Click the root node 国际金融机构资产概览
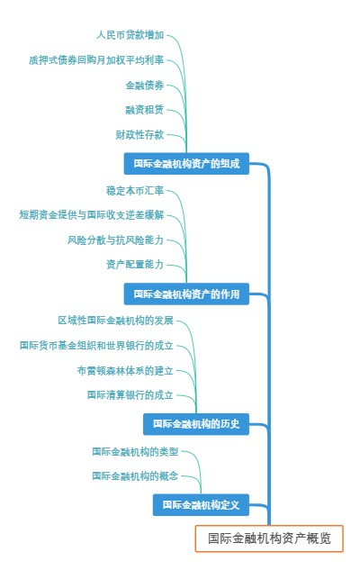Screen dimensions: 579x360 [x=269, y=538]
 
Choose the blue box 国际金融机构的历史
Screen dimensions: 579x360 [x=195, y=424]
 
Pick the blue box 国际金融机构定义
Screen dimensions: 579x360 [x=201, y=505]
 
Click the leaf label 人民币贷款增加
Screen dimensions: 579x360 [x=130, y=35]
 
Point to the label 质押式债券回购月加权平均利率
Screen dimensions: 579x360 [x=96, y=60]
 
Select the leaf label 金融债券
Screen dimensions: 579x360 [x=145, y=86]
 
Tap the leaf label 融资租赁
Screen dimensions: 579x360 [x=145, y=110]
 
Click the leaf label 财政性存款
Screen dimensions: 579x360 [x=139, y=135]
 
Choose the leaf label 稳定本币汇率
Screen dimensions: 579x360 [x=135, y=190]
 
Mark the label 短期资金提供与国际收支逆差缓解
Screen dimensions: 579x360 [x=92, y=215]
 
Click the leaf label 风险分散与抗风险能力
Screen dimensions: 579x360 [x=115, y=240]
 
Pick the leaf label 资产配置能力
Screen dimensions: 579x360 [x=135, y=265]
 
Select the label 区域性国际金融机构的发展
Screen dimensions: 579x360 [x=115, y=321]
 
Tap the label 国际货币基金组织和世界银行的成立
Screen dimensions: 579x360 [x=96, y=345]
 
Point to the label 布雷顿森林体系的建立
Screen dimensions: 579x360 [x=125, y=370]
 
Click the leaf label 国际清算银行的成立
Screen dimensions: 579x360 [x=130, y=394]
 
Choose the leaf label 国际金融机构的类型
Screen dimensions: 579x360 [x=135, y=450]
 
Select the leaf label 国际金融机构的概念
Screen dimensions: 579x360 [x=135, y=475]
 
